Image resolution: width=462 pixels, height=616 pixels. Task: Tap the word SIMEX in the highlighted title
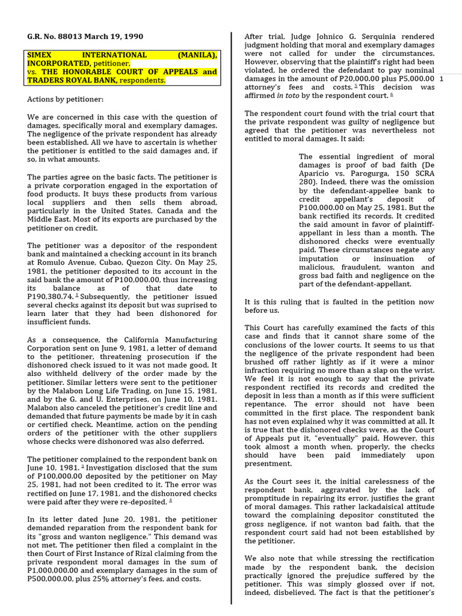(x=42, y=55)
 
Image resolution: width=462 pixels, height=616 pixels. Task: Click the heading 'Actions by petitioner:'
(x=66, y=99)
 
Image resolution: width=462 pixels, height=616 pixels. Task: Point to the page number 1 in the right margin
(x=442, y=79)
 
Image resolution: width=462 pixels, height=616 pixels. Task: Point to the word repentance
(x=267, y=405)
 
